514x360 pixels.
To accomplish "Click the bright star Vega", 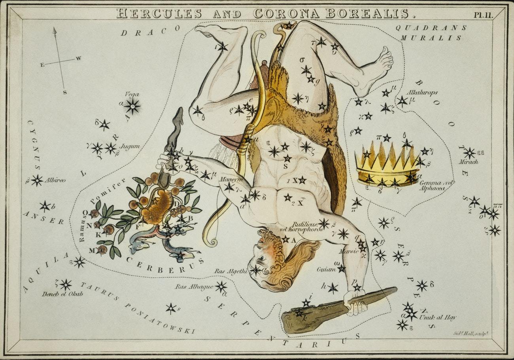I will (132, 106).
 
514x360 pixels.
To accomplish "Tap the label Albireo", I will (55, 180).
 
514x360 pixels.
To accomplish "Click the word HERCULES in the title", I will (160, 13).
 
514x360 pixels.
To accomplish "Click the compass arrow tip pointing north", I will (55, 29).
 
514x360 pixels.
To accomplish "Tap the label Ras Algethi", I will (231, 271).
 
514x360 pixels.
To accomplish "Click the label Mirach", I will (468, 162).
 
